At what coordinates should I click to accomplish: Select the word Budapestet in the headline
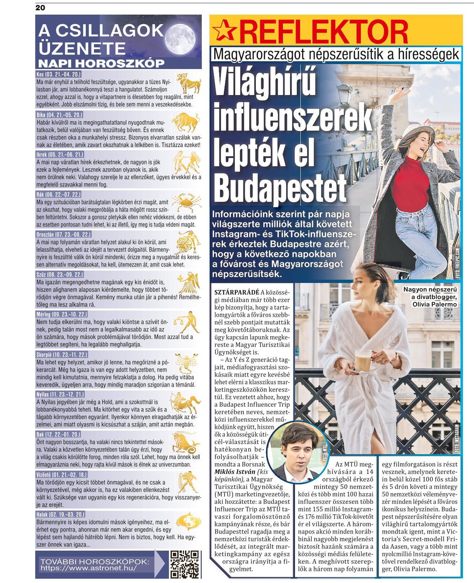(280, 188)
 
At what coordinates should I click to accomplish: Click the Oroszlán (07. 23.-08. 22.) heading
(64, 235)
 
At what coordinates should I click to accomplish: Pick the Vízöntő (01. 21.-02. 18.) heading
(62, 474)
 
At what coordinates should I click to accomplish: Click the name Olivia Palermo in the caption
(434, 304)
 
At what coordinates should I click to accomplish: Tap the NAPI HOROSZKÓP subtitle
(101, 63)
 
